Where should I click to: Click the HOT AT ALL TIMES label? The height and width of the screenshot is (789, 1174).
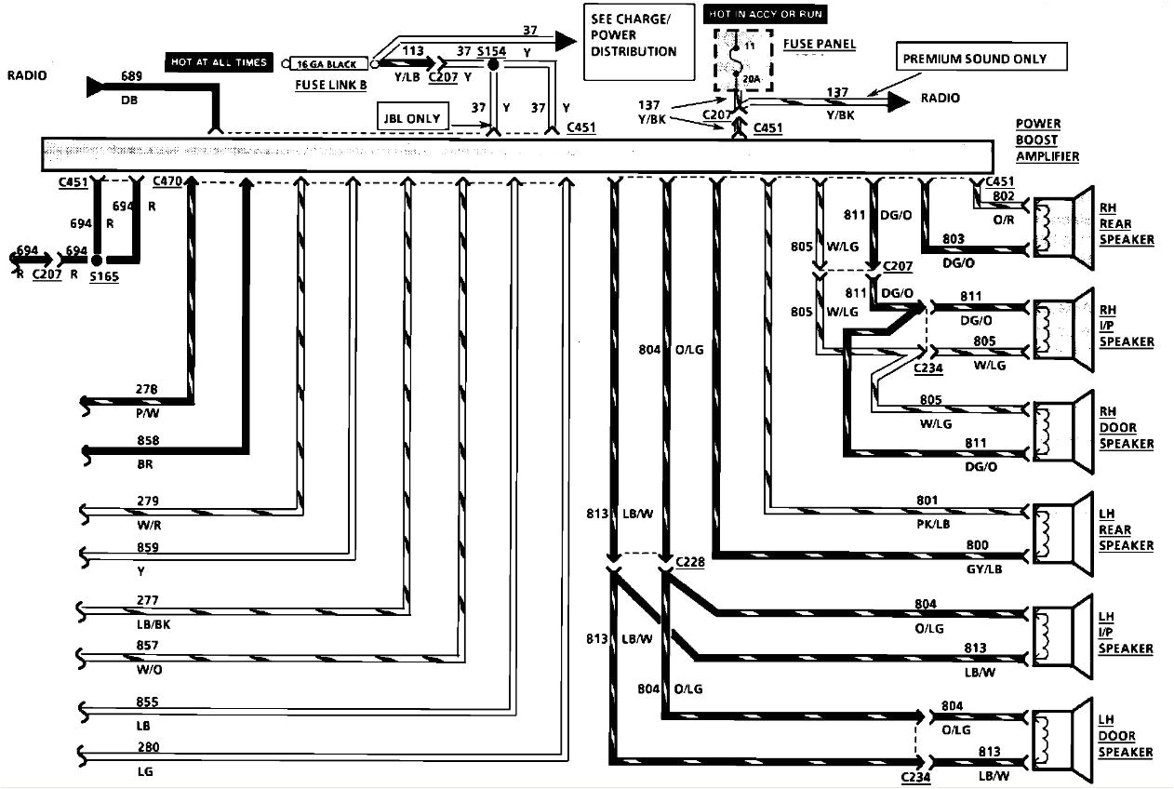point(219,62)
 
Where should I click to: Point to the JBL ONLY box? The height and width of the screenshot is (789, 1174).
point(411,117)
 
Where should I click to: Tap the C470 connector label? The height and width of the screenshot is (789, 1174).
point(167,181)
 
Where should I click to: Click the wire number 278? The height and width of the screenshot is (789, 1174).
point(147,390)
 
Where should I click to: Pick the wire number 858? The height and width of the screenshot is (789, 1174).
point(147,440)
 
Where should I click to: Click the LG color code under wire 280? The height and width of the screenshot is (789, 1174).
point(144,771)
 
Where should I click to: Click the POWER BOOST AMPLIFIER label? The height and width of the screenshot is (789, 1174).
point(1047,140)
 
